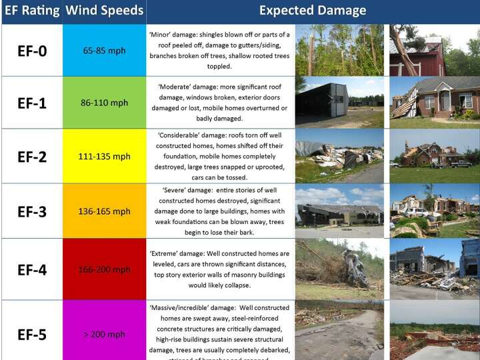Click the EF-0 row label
tap(32, 51)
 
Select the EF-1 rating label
tap(32, 103)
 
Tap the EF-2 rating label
tap(32, 157)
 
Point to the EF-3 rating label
tap(32, 212)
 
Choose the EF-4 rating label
tap(32, 269)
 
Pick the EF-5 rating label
tap(32, 334)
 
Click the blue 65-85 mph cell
tap(104, 51)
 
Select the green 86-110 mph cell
tap(104, 103)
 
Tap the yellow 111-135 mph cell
tap(104, 157)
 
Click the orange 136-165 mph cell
tap(104, 211)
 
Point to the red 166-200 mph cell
tap(104, 269)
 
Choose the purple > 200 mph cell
tap(104, 334)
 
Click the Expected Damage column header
tap(312, 11)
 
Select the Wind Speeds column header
tap(105, 11)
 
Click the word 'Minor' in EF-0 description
tap(161, 34)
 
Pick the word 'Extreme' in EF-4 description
tap(165, 253)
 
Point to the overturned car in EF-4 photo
tap(354, 268)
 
